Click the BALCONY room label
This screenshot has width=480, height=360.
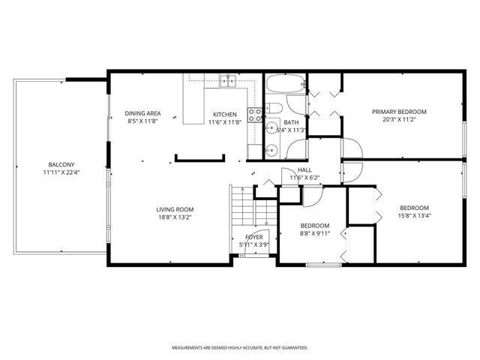click(x=61, y=164)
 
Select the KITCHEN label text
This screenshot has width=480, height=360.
click(x=223, y=114)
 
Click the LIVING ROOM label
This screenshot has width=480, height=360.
click(x=175, y=209)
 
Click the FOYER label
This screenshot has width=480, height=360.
click(x=254, y=237)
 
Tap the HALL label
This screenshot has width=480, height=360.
click(x=304, y=170)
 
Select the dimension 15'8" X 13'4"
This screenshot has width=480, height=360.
click(x=414, y=216)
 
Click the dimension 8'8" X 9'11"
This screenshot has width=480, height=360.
click(x=315, y=233)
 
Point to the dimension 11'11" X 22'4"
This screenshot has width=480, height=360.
click(x=61, y=172)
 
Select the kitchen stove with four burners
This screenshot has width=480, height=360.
click(x=255, y=115)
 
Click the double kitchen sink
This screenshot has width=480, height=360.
click(x=228, y=80)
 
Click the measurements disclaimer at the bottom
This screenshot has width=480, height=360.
click(x=240, y=347)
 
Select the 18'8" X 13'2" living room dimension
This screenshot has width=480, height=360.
click(x=175, y=217)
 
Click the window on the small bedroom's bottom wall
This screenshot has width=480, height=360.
click(x=324, y=264)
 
